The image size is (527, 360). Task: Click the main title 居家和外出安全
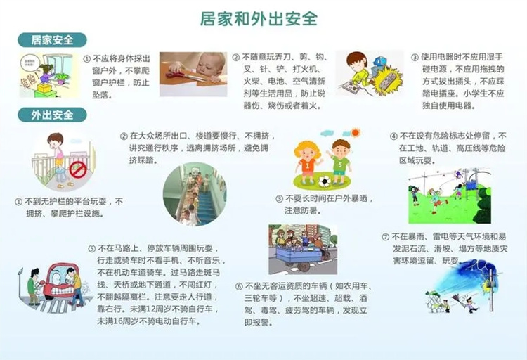coord(259,18)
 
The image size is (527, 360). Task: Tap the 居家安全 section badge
coord(52,40)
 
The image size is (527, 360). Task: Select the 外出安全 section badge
coord(52,115)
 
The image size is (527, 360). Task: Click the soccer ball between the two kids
coord(325,181)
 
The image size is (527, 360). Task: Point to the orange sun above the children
coord(355,133)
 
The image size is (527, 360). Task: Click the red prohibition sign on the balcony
coord(78,169)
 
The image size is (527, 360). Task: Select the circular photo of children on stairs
coord(195,194)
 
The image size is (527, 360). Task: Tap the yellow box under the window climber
coord(44,89)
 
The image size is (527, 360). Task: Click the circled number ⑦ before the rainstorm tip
coord(386,237)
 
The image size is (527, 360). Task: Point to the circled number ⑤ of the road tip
coord(92,249)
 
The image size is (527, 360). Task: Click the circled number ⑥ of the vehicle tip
coord(239,287)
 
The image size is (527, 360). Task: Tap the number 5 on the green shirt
coord(340,165)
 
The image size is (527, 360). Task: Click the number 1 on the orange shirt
coord(307,165)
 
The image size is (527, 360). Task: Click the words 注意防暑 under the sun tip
coord(303,211)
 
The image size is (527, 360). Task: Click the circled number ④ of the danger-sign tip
coord(393,136)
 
